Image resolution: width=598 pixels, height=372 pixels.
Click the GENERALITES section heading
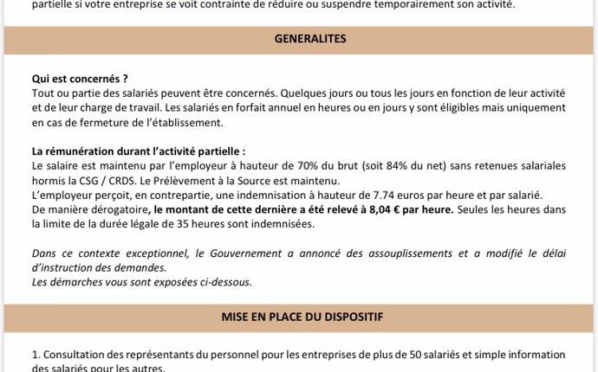point(310,40)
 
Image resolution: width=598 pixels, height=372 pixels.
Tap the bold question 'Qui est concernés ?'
point(80,79)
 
